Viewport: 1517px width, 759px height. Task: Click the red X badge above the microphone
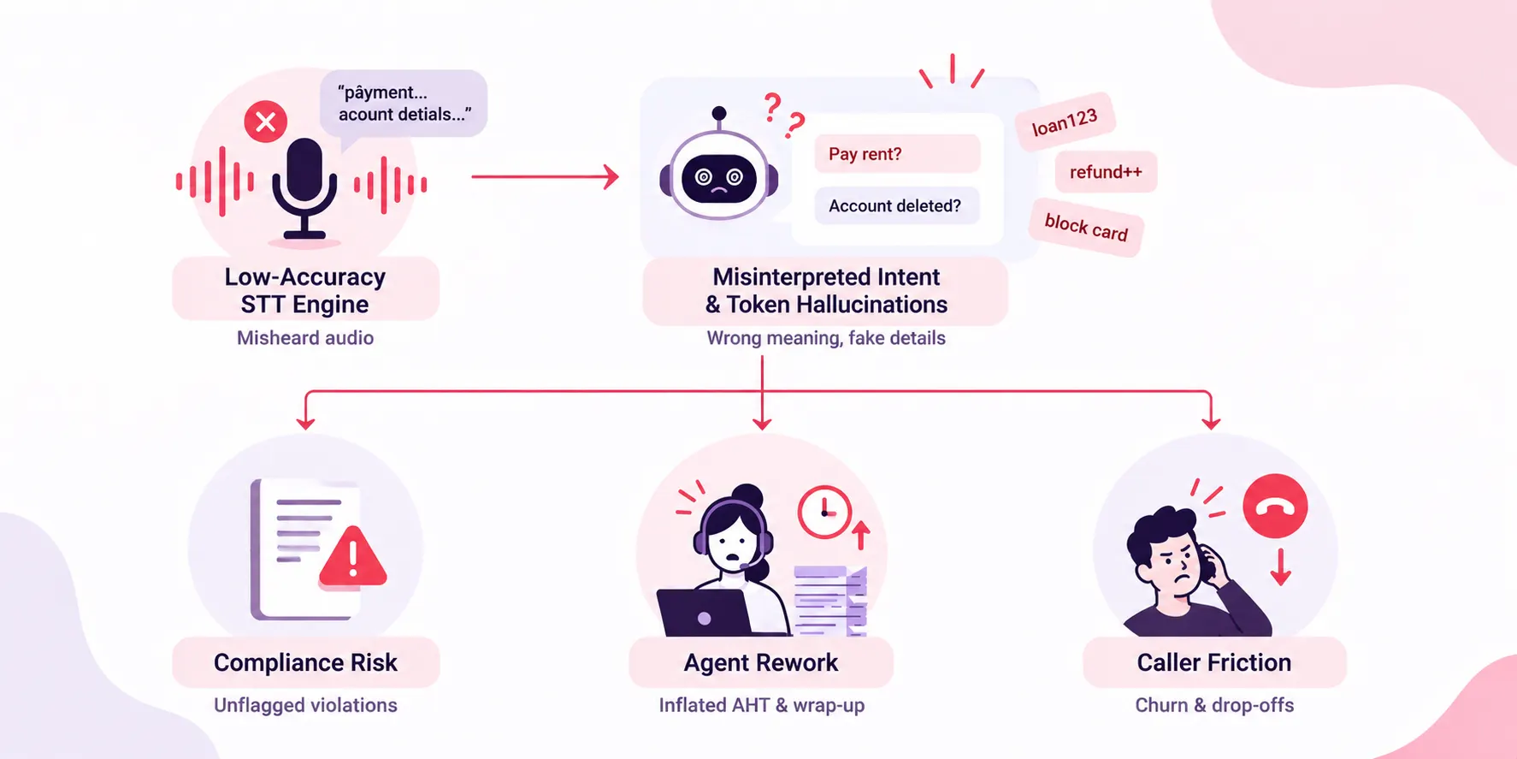[x=265, y=122]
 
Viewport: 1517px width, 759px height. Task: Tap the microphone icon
[x=304, y=189]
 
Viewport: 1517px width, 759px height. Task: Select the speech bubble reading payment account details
[x=404, y=104]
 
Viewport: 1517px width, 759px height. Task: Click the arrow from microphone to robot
[x=545, y=176]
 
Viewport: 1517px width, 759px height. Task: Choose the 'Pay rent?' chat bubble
[x=897, y=154]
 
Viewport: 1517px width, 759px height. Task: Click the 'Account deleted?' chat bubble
[x=895, y=205]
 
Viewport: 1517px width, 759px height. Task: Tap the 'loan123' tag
[x=1065, y=122]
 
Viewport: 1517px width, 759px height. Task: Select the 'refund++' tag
[x=1106, y=172]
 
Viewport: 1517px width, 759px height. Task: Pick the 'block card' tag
[x=1086, y=228]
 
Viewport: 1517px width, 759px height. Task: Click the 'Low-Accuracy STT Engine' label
[x=305, y=290]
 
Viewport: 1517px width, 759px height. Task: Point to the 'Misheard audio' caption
[x=305, y=338]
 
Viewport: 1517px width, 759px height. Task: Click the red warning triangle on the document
[x=353, y=557]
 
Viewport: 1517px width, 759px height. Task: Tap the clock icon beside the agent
[x=824, y=512]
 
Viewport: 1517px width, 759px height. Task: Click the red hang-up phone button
[x=1275, y=507]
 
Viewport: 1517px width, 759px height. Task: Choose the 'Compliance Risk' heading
[x=305, y=662]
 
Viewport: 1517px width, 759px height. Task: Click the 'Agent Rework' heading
[x=761, y=662]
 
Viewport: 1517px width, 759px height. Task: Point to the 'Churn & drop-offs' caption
[x=1214, y=705]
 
